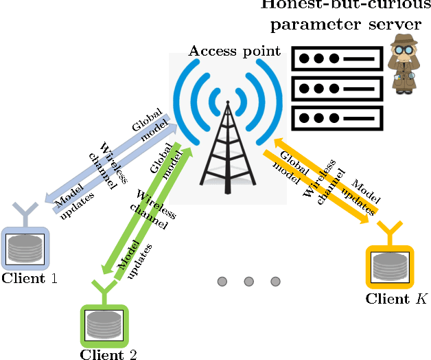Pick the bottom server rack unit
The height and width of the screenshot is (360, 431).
coord(337,117)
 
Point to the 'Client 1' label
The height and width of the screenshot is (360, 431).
coord(30,278)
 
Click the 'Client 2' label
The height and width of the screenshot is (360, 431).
coord(108,355)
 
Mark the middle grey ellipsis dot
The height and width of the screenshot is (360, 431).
coord(248,281)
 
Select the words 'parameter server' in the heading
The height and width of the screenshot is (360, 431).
coord(345,25)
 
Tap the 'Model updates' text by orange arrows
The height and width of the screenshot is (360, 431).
coord(364,196)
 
